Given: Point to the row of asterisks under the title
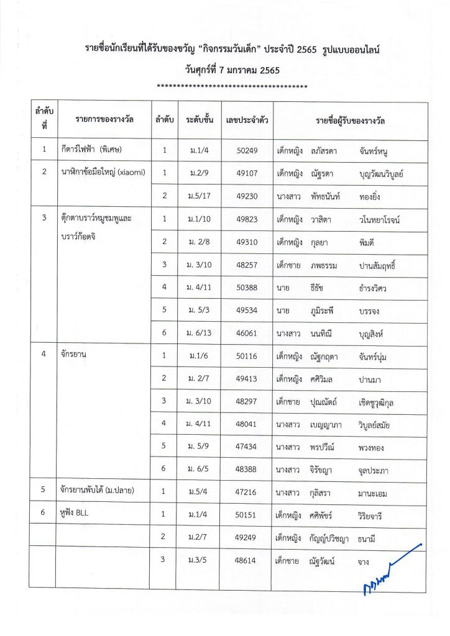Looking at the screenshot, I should [x=232, y=86].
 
